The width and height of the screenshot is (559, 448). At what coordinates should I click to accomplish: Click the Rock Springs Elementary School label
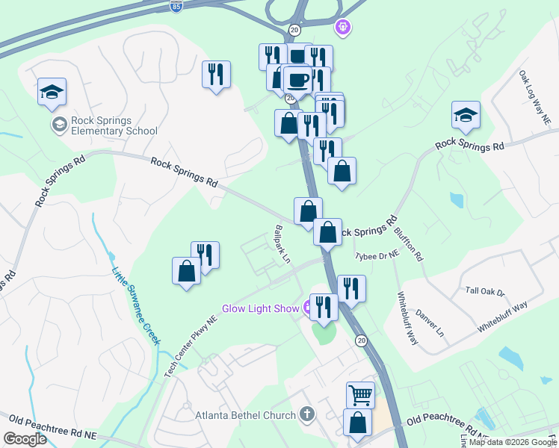tap(114, 126)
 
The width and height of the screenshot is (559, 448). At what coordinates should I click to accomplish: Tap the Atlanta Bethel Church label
tap(246, 415)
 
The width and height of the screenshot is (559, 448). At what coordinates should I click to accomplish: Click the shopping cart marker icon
tap(360, 394)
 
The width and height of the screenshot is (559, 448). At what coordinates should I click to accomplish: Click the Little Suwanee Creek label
tap(137, 305)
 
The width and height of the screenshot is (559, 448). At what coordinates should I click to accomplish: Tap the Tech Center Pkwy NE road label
tap(191, 344)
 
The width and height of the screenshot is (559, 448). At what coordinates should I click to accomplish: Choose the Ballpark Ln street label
tap(282, 244)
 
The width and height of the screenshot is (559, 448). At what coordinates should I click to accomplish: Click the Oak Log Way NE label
tap(535, 98)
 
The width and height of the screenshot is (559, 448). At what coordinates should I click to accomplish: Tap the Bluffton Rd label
tap(408, 240)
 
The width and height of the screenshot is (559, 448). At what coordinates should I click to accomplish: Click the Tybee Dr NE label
tap(377, 255)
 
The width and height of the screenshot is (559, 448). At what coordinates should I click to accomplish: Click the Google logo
tap(25, 439)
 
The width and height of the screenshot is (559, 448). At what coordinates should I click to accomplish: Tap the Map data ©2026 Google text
tap(513, 442)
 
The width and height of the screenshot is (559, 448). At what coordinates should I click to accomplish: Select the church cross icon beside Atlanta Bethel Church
tap(306, 414)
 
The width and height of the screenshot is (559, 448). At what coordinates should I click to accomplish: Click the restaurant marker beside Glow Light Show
tap(323, 307)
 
